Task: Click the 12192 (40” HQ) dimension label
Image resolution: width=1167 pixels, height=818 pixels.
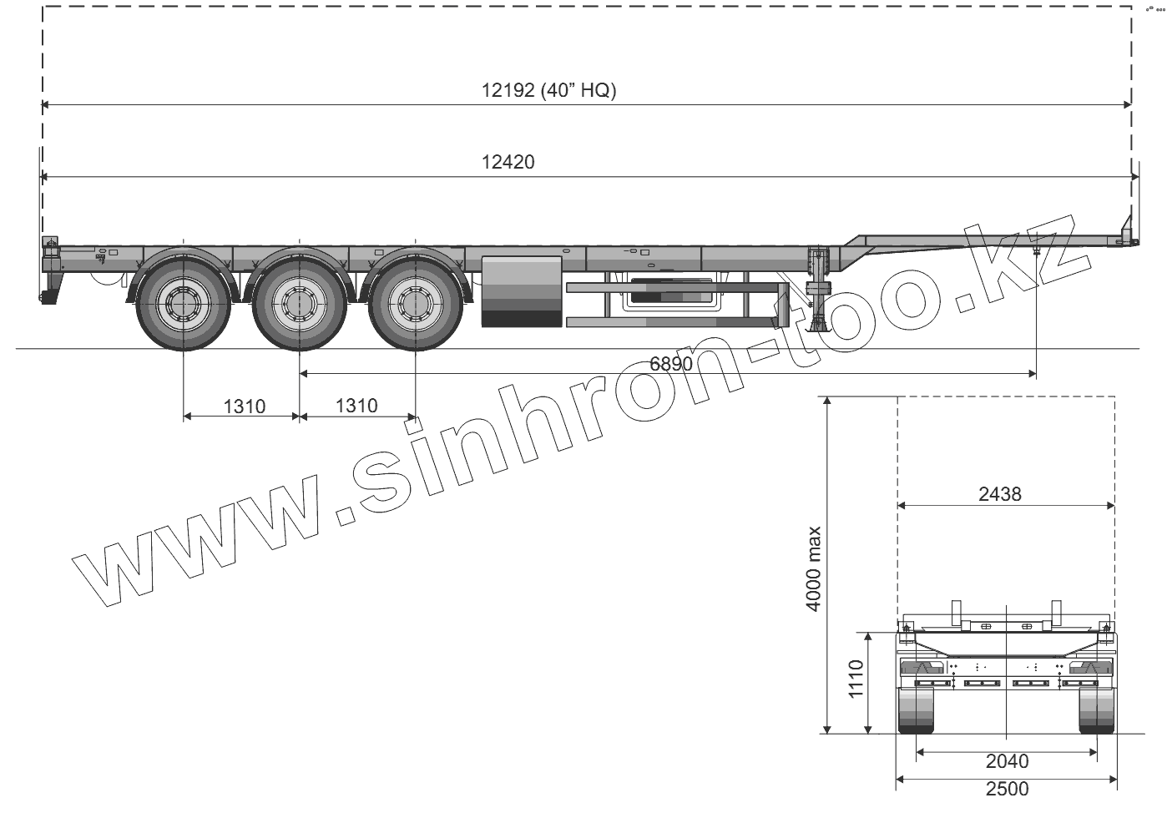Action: tap(548, 90)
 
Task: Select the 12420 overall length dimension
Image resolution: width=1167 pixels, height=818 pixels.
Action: tap(508, 162)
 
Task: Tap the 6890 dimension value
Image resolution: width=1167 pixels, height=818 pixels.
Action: tap(671, 364)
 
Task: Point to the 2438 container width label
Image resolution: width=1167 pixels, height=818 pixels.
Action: tap(1000, 493)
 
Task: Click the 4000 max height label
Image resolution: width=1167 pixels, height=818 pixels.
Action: tap(813, 568)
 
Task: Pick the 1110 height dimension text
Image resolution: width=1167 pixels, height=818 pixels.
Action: tap(856, 679)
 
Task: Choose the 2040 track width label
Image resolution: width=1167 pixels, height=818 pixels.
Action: tap(1007, 761)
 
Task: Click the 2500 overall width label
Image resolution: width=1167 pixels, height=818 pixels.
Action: tap(1007, 789)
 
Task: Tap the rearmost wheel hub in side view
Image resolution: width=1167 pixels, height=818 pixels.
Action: tap(184, 304)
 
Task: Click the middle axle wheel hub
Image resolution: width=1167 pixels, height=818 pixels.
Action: tap(300, 304)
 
